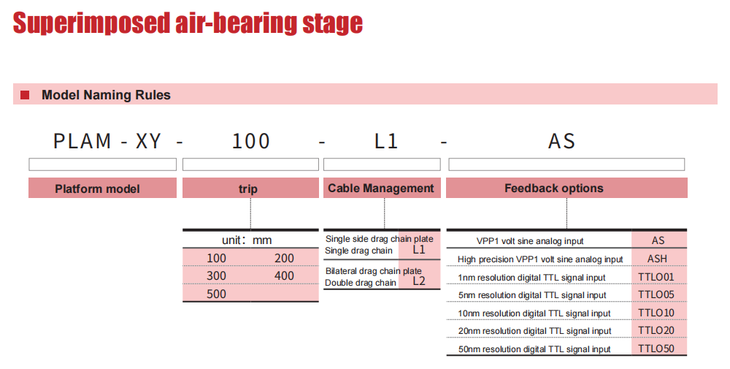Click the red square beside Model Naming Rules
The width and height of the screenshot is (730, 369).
tap(25, 95)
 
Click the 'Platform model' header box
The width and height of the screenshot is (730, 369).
tap(102, 189)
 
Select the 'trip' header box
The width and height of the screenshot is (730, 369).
tap(250, 189)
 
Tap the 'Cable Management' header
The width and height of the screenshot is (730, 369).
tap(382, 189)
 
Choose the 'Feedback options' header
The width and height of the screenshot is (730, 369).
tap(566, 189)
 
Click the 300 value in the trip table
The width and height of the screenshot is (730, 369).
tap(217, 275)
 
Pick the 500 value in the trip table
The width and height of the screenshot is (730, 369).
tap(217, 294)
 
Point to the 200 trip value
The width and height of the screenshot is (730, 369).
tap(284, 258)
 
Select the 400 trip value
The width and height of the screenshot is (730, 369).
tap(284, 275)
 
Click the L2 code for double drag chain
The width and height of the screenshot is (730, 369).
tap(419, 281)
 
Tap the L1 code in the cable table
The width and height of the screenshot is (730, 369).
tap(419, 250)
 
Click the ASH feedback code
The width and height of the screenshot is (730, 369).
tap(658, 259)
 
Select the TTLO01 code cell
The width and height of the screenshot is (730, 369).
tap(656, 277)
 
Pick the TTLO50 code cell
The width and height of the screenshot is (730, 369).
tap(656, 349)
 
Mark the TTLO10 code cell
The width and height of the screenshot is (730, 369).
tap(656, 313)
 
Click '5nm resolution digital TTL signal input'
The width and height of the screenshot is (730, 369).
tap(532, 295)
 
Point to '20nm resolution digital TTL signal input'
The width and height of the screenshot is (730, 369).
tap(534, 331)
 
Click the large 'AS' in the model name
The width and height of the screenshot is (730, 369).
tap(562, 141)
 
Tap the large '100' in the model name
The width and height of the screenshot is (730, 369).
tap(251, 141)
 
